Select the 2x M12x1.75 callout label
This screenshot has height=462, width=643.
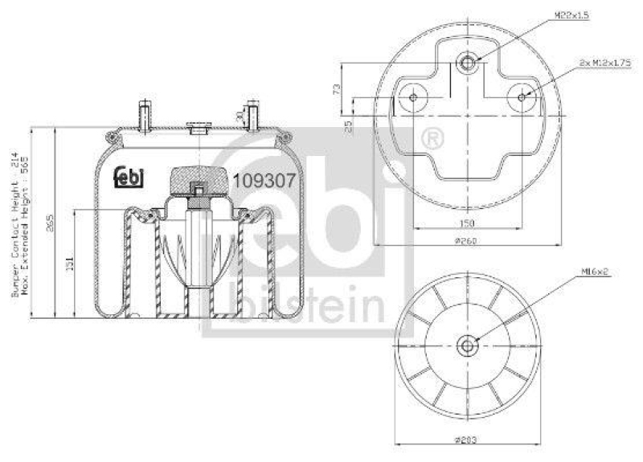coord(599,62)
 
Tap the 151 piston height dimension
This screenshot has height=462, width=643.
coord(71,263)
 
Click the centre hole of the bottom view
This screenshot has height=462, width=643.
coord(467,345)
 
